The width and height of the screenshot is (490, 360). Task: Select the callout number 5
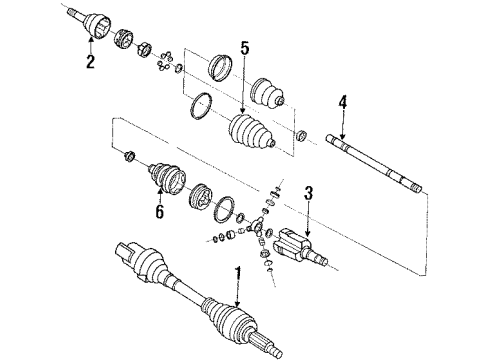click(x=243, y=47)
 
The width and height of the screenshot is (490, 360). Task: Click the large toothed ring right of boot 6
click(x=199, y=195)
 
